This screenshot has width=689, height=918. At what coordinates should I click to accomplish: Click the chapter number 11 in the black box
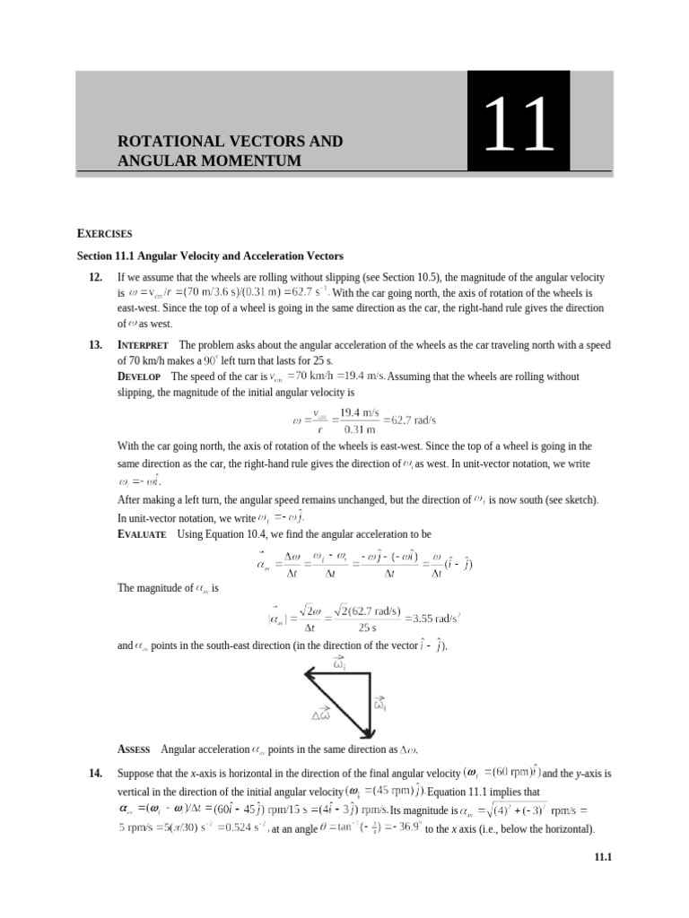pos(517,126)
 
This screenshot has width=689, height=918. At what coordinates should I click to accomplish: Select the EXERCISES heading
pos(104,233)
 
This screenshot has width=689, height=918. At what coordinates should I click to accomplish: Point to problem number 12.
pos(96,279)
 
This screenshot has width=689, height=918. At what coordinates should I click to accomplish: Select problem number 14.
pos(96,772)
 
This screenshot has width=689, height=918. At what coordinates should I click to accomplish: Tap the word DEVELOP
pos(141,376)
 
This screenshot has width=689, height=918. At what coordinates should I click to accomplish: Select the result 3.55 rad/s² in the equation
pos(433,618)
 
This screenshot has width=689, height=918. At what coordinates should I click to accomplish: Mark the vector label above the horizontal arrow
pos(339,663)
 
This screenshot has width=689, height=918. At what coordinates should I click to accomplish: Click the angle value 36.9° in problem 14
pos(402,827)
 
